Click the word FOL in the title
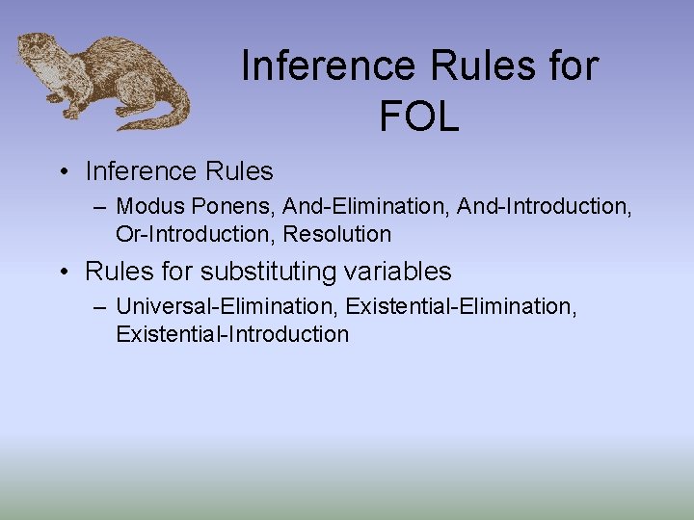coord(418,117)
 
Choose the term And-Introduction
coord(543,206)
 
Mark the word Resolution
coord(337,234)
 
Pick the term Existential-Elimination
coord(460,306)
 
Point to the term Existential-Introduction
coord(232,334)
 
